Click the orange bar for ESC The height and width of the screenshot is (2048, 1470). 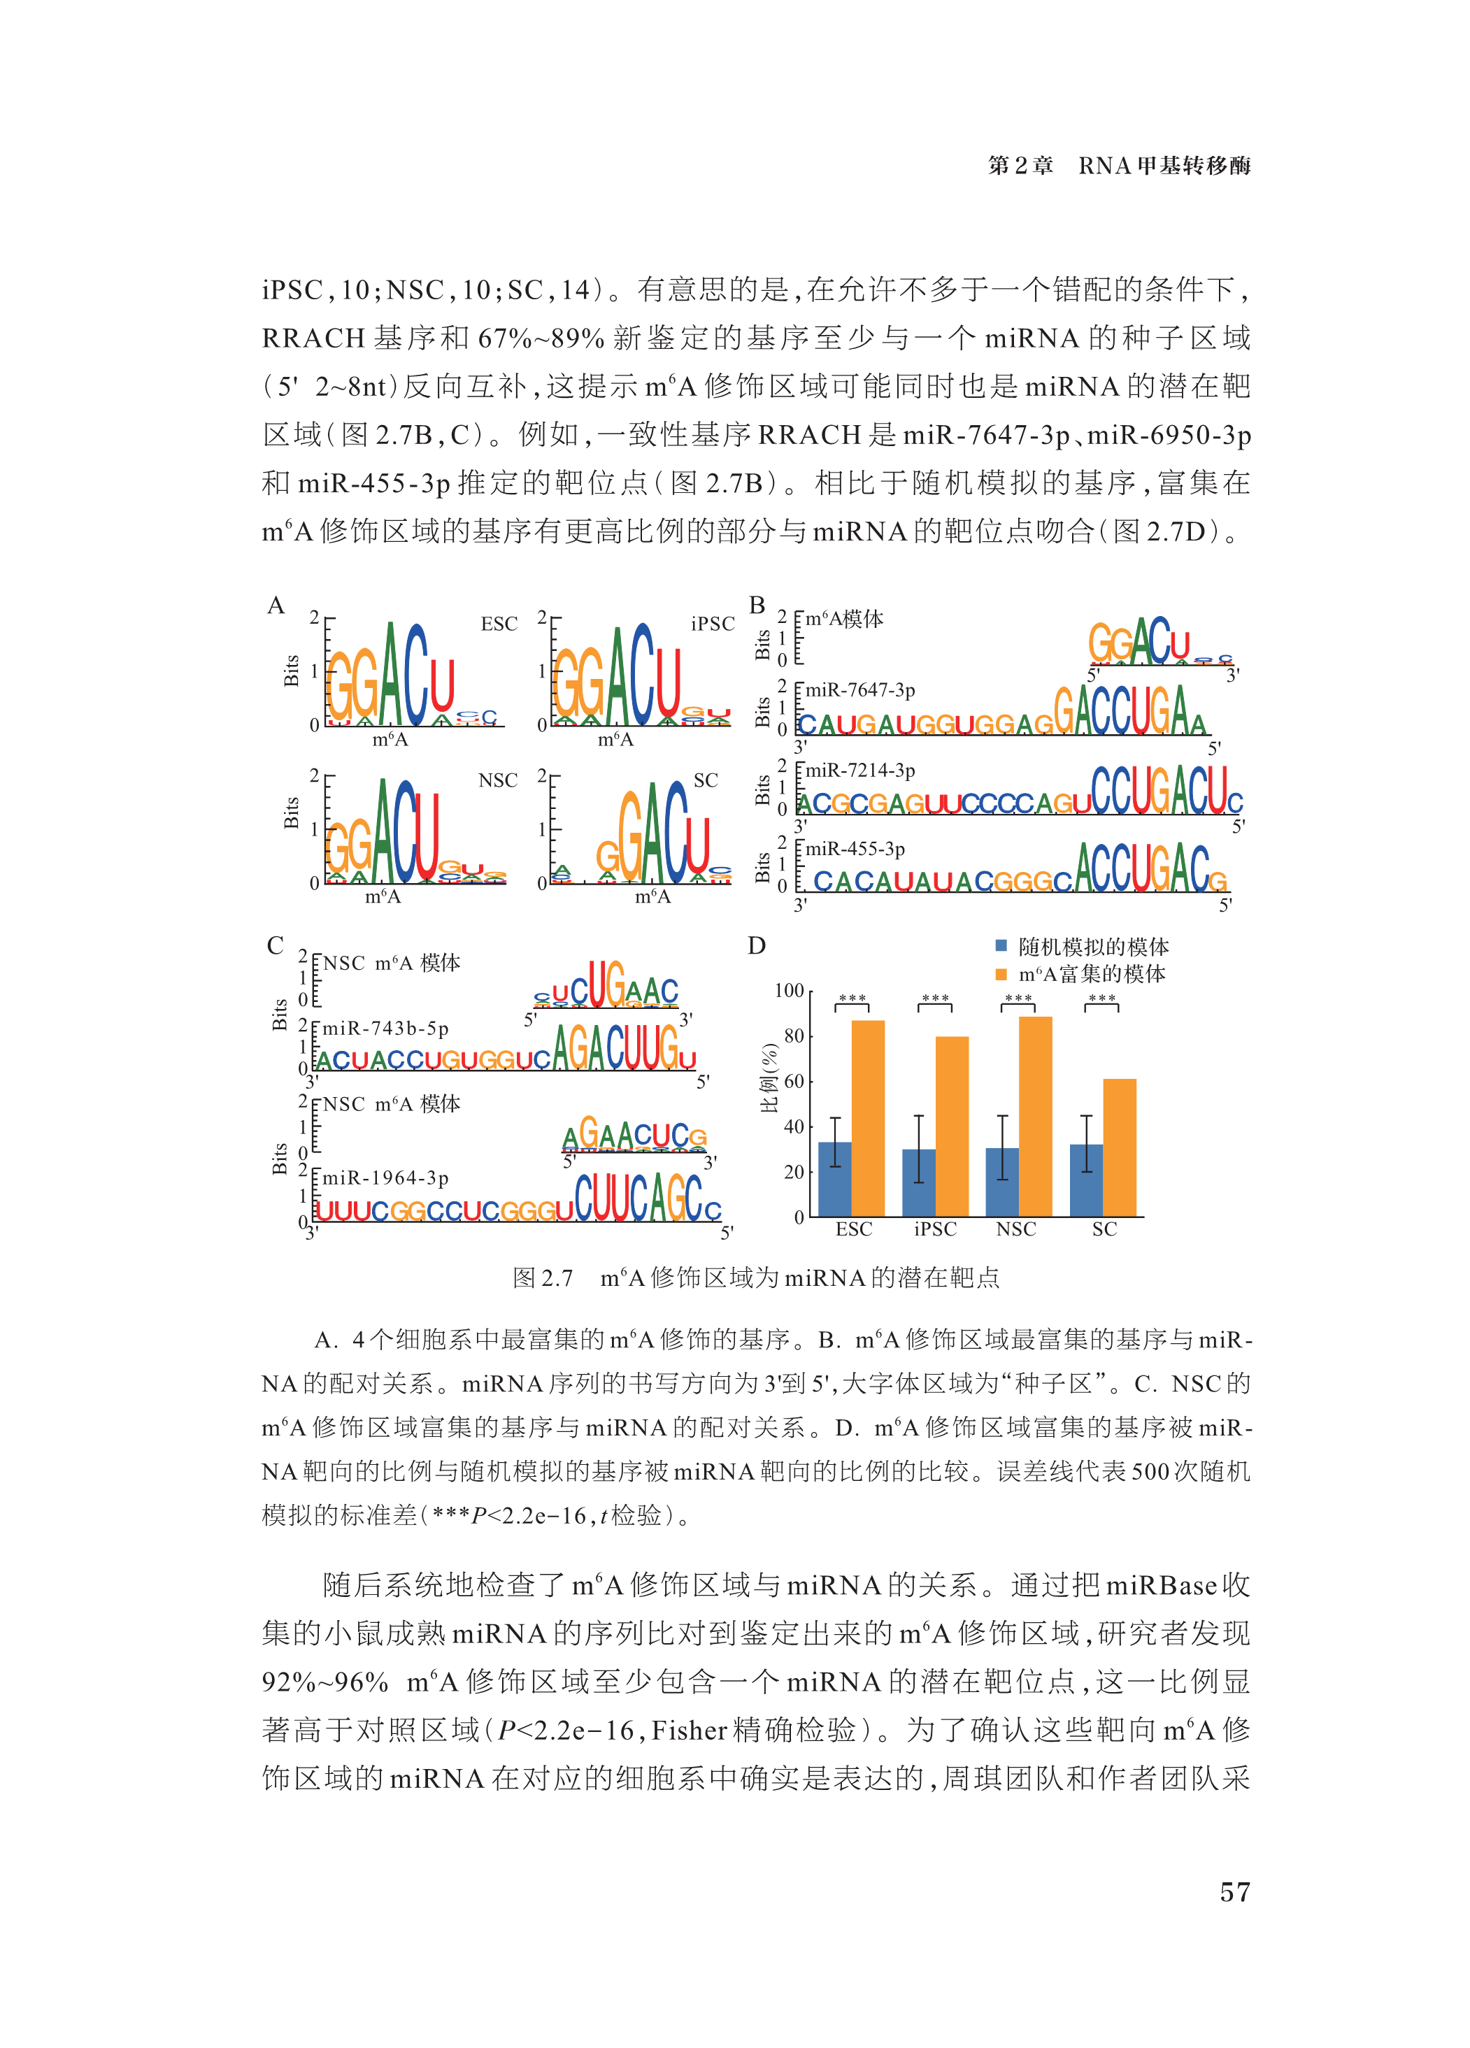[x=867, y=1118]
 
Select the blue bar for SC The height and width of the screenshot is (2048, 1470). [x=1085, y=1180]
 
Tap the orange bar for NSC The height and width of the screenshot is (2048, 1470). [x=1035, y=1116]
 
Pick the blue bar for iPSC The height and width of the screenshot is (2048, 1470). [x=918, y=1182]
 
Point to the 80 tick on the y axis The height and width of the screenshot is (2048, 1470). [x=794, y=1036]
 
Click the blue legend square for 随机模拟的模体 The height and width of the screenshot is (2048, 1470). [x=1001, y=945]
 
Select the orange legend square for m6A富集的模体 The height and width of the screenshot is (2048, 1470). [x=1001, y=973]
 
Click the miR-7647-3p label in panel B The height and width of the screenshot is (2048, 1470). [x=859, y=690]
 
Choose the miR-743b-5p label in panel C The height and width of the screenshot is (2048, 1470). [x=385, y=1029]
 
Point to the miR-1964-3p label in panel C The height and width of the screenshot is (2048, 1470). [x=385, y=1177]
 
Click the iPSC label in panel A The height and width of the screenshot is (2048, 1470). [x=713, y=624]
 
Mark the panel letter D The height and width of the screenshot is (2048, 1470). [x=757, y=945]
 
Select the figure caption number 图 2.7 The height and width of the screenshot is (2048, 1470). [x=543, y=1277]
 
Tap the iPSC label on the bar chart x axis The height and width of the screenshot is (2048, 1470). [x=934, y=1229]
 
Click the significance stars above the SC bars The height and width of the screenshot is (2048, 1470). [x=1101, y=998]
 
